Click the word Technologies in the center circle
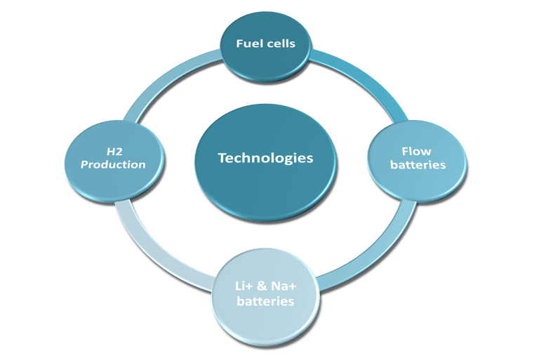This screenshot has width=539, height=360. tap(265, 158)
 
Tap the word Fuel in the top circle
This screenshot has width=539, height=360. tap(248, 44)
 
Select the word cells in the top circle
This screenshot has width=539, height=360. tap(280, 44)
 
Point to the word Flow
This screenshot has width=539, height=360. tap(416, 151)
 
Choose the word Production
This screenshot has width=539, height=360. tap(112, 165)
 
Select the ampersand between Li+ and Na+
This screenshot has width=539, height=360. tap(263, 287)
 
